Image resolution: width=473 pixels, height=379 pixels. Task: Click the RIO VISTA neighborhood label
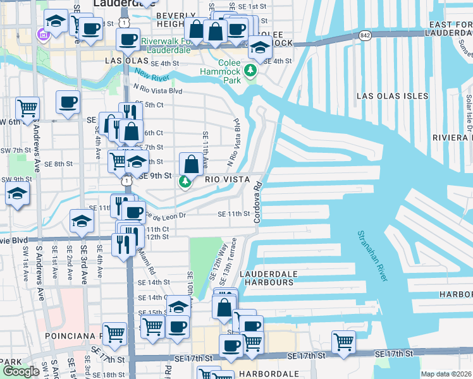(x=231, y=179)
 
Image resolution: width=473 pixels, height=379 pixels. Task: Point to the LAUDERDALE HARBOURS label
(x=267, y=278)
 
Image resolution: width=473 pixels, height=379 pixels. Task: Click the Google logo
(x=21, y=371)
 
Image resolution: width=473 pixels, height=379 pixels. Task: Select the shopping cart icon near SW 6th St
(x=27, y=109)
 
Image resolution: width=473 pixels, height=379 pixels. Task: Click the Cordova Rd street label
(x=257, y=202)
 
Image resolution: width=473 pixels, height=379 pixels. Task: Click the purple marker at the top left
(x=44, y=32)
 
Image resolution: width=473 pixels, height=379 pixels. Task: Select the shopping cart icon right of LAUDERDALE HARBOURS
(x=343, y=342)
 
